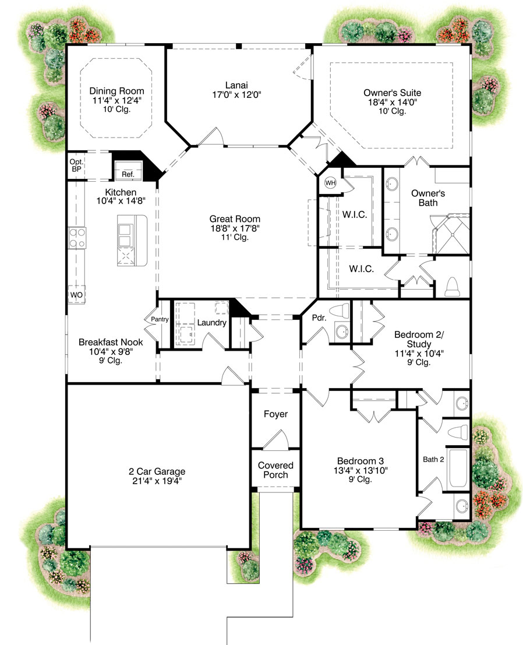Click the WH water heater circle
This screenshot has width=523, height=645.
pyautogui.click(x=330, y=182)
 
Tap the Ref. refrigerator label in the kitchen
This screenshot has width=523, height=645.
pyautogui.click(x=127, y=174)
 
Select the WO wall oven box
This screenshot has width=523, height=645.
pyautogui.click(x=76, y=295)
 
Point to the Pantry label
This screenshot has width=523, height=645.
pyautogui.click(x=160, y=319)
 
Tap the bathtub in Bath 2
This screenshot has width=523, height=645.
pyautogui.click(x=457, y=468)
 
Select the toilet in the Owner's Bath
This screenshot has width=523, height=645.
pyautogui.click(x=453, y=286)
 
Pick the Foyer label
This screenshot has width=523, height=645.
pyautogui.click(x=275, y=414)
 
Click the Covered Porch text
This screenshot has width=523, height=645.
pyautogui.click(x=275, y=470)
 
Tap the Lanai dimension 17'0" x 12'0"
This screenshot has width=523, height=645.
pyautogui.click(x=236, y=93)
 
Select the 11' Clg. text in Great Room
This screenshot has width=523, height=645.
pyautogui.click(x=235, y=237)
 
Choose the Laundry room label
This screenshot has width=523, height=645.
pyautogui.click(x=211, y=322)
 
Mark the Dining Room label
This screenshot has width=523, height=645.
pyautogui.click(x=116, y=91)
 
